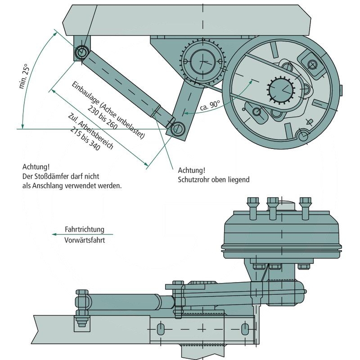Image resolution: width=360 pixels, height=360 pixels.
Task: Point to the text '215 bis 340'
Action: (x=85, y=140)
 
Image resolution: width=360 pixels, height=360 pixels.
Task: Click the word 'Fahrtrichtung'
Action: (x=84, y=229)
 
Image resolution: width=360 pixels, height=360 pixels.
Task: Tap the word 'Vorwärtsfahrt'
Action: (x=85, y=240)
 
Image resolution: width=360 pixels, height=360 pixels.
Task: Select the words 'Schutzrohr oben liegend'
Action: (x=214, y=180)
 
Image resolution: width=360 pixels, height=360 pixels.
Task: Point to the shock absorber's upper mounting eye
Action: (x=82, y=52)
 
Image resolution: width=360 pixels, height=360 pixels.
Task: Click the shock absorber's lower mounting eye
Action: (x=177, y=129)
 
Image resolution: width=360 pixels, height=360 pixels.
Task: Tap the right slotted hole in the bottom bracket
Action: (x=245, y=328)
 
